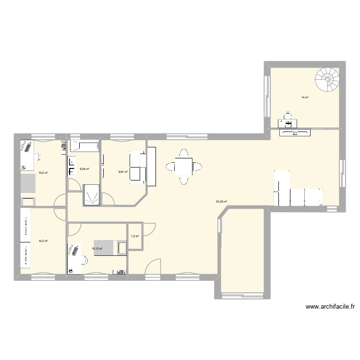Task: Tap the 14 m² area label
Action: (305, 97)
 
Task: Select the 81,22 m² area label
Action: (222, 202)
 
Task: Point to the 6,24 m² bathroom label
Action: (84, 168)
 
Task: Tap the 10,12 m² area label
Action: (97, 249)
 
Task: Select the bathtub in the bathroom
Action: (84, 145)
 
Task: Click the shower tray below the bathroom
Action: (92, 195)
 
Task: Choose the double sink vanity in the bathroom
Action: (72, 166)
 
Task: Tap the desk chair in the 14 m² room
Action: (288, 116)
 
